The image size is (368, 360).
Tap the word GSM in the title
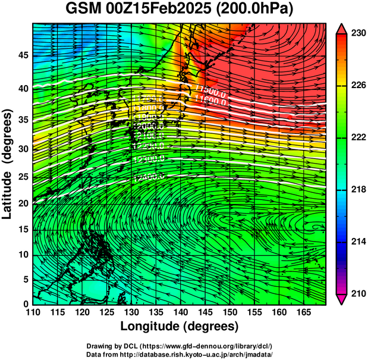click(x=83, y=10)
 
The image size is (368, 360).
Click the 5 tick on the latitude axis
click(x=25, y=279)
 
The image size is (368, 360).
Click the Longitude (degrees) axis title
click(x=179, y=326)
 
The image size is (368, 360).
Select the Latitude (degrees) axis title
click(x=8, y=164)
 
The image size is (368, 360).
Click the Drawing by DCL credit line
click(x=179, y=346)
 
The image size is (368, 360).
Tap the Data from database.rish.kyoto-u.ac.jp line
click(x=179, y=354)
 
